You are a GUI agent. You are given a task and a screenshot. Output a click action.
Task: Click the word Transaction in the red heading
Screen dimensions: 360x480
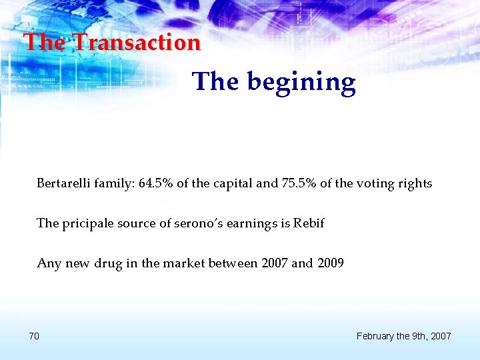[x=136, y=43]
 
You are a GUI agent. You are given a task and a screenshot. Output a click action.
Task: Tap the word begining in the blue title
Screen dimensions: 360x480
[x=301, y=83]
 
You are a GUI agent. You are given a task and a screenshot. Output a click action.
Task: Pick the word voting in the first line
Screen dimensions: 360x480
[x=378, y=184]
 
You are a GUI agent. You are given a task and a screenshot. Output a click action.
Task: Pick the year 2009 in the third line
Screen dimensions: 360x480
[x=329, y=263]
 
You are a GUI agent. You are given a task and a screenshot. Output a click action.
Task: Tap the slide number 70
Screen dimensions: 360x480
[x=34, y=336]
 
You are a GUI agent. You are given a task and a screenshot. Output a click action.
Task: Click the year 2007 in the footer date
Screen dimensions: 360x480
[x=440, y=336]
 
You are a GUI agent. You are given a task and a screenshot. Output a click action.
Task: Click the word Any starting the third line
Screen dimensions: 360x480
[x=48, y=264]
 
